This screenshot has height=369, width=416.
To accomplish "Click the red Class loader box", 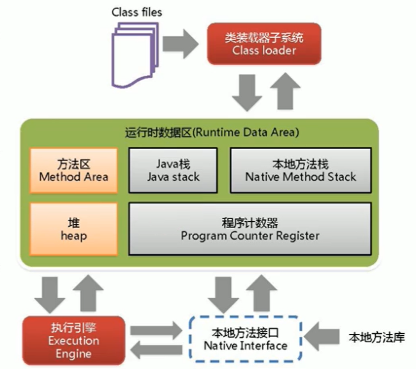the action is point(264,44).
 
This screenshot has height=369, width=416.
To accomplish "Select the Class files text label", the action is point(137,12).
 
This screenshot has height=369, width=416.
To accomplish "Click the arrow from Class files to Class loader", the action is point(181,44).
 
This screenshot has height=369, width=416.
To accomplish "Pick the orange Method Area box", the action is point(73,170).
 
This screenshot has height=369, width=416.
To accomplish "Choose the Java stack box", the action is point(173,170).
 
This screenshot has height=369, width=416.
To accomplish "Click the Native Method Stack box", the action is point(301,170).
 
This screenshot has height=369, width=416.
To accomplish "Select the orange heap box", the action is point(73,229).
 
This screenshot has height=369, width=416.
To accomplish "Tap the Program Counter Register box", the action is point(250,229).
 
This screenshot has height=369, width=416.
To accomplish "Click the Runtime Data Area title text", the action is point(212,133).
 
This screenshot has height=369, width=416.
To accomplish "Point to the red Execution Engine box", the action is point(74,340).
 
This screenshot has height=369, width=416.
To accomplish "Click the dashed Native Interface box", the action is point(246,339).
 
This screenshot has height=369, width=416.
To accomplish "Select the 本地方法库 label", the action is point(376,338).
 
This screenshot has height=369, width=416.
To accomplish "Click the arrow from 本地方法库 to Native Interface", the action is point(322,337).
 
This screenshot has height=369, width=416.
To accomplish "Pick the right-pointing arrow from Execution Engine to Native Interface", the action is point(156,330).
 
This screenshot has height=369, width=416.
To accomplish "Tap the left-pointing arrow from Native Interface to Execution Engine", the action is point(156,350).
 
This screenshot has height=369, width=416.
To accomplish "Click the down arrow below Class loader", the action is point(247,93).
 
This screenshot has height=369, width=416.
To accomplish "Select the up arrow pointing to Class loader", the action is point(285,91).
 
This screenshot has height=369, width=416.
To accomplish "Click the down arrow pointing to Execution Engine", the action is point(50,295).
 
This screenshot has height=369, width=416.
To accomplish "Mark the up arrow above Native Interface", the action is point(262,293).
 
